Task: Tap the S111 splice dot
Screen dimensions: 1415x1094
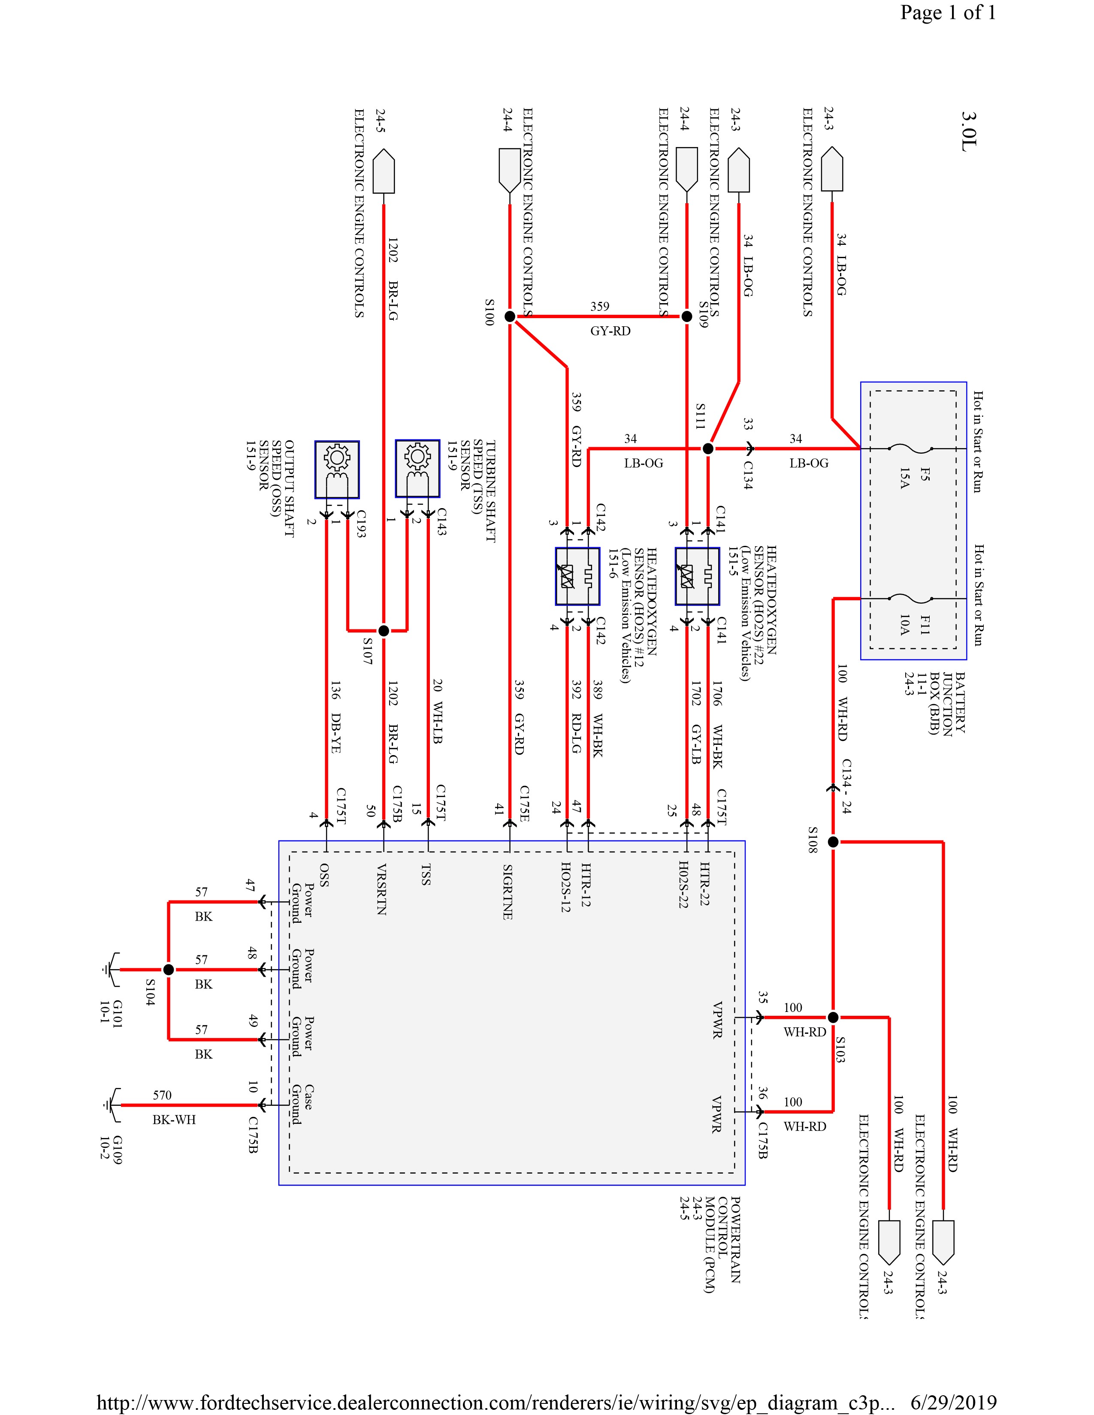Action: coord(708,449)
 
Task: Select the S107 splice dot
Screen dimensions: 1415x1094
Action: coord(384,630)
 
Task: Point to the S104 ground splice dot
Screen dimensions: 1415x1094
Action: coord(169,970)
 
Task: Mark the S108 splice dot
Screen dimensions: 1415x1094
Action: coord(834,842)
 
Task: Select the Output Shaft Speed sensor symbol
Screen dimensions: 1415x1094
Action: coord(337,470)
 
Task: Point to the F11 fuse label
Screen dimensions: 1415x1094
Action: coord(924,625)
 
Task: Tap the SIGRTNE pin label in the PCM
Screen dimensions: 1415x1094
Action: coord(508,891)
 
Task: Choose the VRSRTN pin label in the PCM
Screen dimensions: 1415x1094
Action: coord(382,889)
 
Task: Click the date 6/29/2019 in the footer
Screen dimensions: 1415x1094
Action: coord(953,1403)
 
